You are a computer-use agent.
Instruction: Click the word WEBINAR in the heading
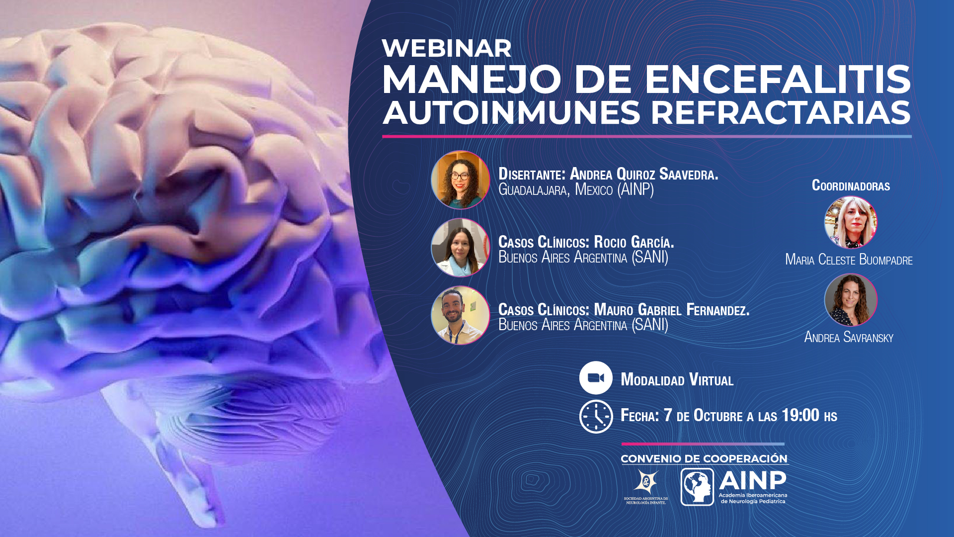[446, 49]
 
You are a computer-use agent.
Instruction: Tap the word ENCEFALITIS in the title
[778, 80]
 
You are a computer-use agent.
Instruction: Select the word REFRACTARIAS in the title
[781, 113]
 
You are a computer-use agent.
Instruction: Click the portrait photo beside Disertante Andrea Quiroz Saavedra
[460, 179]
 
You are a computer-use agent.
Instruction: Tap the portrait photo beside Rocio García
[460, 247]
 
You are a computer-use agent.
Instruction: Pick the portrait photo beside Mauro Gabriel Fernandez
[460, 315]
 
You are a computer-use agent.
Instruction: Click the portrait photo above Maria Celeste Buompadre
[851, 222]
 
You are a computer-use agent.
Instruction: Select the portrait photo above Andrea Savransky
[851, 300]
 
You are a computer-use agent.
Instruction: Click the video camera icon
[596, 378]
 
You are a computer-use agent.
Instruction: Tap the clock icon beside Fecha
[596, 417]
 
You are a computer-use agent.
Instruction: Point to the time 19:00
[800, 415]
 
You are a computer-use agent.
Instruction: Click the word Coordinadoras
[851, 185]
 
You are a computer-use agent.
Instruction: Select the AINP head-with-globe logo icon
[697, 487]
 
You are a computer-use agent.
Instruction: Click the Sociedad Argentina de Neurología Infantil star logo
[646, 482]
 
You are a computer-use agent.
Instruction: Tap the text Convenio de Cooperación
[704, 458]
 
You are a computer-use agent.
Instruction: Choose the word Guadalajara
[534, 190]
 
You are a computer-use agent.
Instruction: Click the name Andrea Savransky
[849, 337]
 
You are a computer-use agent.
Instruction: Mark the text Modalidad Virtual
[677, 379]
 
